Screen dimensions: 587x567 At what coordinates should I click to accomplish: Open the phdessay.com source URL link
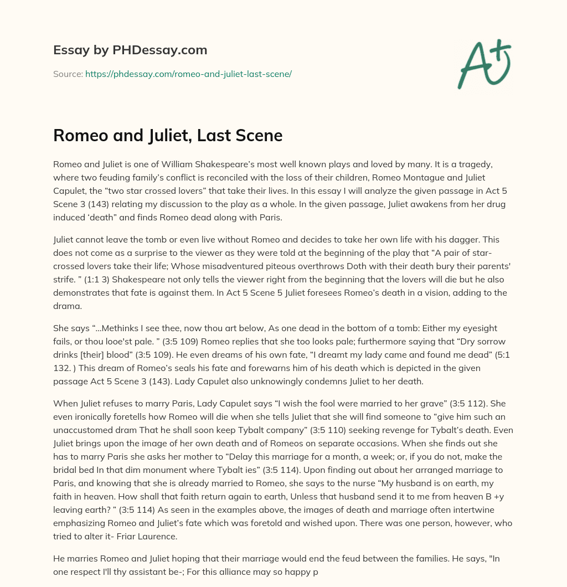click(x=188, y=74)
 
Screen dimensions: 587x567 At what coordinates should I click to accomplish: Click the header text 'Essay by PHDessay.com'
click(x=130, y=50)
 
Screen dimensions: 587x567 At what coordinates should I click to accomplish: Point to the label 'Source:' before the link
click(x=68, y=74)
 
